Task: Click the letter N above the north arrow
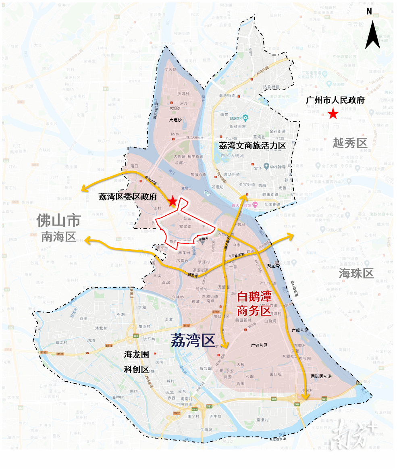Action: point(369,11)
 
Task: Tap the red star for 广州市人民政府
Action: point(333,114)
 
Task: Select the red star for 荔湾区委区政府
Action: point(173,201)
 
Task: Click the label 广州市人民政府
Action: point(335,100)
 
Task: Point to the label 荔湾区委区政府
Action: point(128,197)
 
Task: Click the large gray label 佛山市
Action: point(59,220)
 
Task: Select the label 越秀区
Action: point(350,142)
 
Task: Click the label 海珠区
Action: point(356,273)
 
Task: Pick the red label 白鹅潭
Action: point(254,297)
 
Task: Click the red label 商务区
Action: point(254,310)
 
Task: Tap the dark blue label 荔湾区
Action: point(193,341)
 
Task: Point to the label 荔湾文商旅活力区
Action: point(252,146)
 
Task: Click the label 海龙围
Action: point(137,355)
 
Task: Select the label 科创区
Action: point(137,369)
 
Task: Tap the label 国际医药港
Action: point(321,376)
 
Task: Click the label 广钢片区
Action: point(259,345)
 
